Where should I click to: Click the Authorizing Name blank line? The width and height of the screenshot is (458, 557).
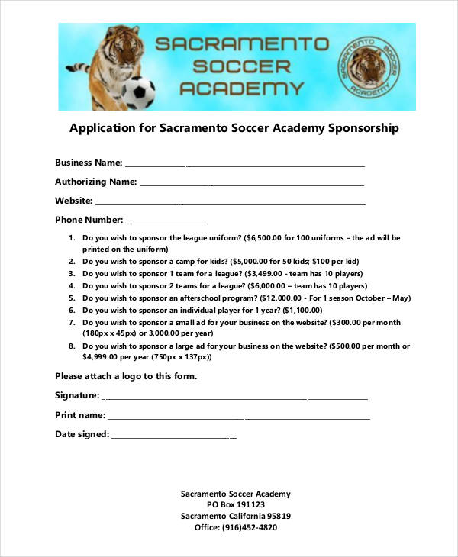pos(252,183)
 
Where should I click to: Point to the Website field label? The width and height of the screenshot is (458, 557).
pos(73,201)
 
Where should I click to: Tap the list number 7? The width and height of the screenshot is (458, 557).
pos(71,323)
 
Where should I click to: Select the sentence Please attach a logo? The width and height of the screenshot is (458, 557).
pos(126,376)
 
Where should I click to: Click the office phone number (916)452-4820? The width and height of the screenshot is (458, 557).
pos(250,527)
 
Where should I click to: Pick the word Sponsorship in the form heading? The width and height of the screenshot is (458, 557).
pos(363,128)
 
